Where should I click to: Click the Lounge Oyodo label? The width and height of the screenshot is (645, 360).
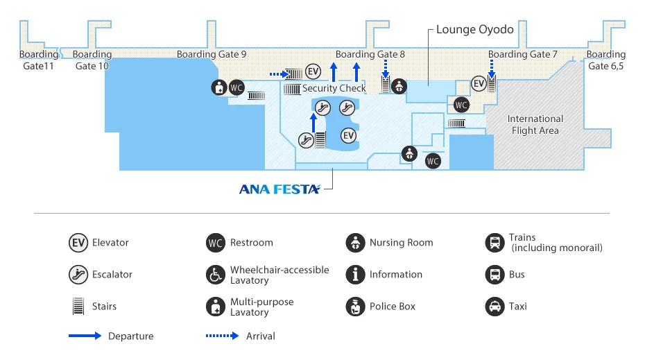pos(474,30)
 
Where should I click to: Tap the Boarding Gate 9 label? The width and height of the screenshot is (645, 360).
pos(211,54)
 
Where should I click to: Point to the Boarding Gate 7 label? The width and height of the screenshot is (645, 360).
pos(522,54)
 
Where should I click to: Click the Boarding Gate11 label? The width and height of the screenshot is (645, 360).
pos(38,60)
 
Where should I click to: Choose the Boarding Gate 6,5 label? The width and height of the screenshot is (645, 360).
pos(605,60)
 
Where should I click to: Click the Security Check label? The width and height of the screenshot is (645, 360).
pos(334,88)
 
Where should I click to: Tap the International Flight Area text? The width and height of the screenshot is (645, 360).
pos(535,124)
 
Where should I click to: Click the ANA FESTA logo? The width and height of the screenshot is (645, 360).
pos(279,189)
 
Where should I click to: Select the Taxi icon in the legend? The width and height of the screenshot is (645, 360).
pos(495,306)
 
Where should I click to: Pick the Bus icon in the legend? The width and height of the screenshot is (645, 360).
pos(495,274)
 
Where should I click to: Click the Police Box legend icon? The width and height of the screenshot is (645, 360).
pos(355,306)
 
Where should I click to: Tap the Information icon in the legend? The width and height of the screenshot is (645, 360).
pos(355,274)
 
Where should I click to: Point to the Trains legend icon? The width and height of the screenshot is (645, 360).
pos(495,243)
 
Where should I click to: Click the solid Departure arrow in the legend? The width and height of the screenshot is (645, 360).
pos(84,336)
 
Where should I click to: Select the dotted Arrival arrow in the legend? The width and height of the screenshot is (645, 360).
pos(222,336)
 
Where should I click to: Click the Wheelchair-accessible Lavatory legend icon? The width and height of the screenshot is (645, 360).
pos(216,275)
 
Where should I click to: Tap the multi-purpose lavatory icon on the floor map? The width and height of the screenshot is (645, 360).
pos(220,87)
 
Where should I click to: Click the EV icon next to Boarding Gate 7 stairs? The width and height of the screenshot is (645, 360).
pos(479,83)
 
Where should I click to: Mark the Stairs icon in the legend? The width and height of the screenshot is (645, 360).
pos(78,306)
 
